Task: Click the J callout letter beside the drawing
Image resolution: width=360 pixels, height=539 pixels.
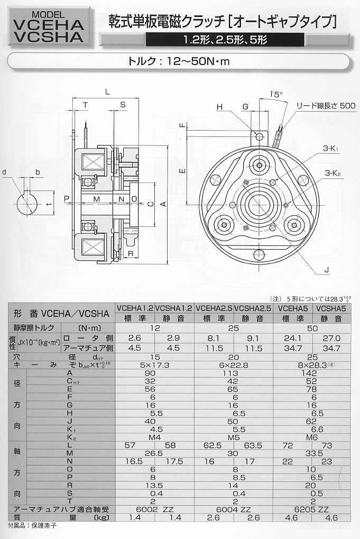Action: pyautogui.click(x=327, y=270)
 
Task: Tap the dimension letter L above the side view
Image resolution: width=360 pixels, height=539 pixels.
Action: pyautogui.click(x=107, y=92)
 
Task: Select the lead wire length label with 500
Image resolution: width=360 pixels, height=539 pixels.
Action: pyautogui.click(x=318, y=106)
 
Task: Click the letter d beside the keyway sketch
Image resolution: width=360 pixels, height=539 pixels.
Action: pyautogui.click(x=4, y=172)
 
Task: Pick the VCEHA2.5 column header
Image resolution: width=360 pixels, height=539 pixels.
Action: pyautogui.click(x=214, y=307)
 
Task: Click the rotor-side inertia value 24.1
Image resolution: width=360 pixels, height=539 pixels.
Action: pyautogui.click(x=293, y=338)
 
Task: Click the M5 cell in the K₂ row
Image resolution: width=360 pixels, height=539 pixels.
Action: pyautogui.click(x=234, y=437)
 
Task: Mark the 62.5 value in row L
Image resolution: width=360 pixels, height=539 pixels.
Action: pyautogui.click(x=214, y=446)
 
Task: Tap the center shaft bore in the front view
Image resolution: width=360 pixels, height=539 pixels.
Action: pyautogui.click(x=259, y=202)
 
